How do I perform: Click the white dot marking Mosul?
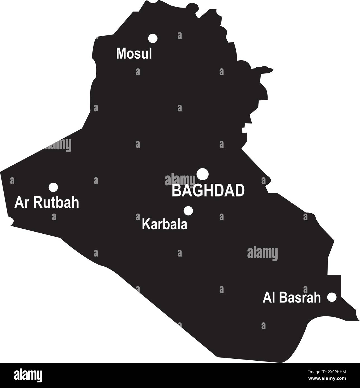click(152, 38)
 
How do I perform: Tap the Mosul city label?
click(134, 53)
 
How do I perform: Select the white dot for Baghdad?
click(202, 174)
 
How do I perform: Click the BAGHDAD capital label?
click(208, 191)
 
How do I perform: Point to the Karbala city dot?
click(188, 211)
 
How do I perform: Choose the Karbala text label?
click(164, 224)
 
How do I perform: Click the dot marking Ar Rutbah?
click(53, 187)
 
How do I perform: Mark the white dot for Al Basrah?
click(332, 297)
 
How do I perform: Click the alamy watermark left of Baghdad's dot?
click(180, 180)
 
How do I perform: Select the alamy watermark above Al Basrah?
click(263, 253)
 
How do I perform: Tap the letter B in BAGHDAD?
click(177, 191)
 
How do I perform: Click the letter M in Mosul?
click(120, 53)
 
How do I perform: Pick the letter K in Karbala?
click(146, 224)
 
